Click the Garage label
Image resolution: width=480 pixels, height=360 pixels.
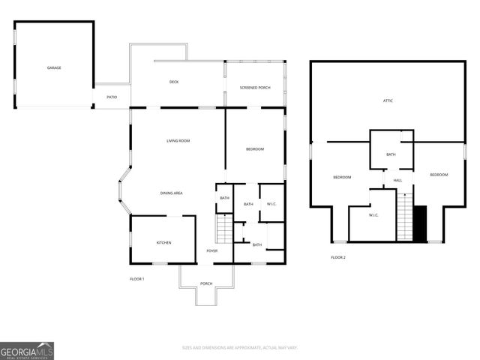54,68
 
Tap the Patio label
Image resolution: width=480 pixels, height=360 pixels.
112,97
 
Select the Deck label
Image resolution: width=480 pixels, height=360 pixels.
173,82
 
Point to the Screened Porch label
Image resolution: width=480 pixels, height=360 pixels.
255,88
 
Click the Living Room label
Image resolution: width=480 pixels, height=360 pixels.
178,141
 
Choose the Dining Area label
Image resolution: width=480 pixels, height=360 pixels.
172,193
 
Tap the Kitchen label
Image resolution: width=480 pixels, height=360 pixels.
163,242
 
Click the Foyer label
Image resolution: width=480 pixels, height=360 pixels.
212,250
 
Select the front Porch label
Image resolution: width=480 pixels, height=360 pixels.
206,283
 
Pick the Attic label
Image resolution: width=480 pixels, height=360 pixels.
388,100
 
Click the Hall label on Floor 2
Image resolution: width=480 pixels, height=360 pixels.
397,180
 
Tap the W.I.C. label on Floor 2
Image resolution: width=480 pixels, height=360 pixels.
373,215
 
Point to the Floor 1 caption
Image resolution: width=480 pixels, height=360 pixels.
136,279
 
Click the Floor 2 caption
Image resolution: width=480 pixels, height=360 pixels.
338,257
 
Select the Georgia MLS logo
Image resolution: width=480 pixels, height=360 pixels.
27,350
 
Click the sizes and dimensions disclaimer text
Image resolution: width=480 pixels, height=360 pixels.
240,347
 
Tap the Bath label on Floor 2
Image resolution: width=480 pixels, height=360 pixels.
391,154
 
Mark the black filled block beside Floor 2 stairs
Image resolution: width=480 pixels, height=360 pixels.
420,222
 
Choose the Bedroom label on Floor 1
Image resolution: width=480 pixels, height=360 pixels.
255,149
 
